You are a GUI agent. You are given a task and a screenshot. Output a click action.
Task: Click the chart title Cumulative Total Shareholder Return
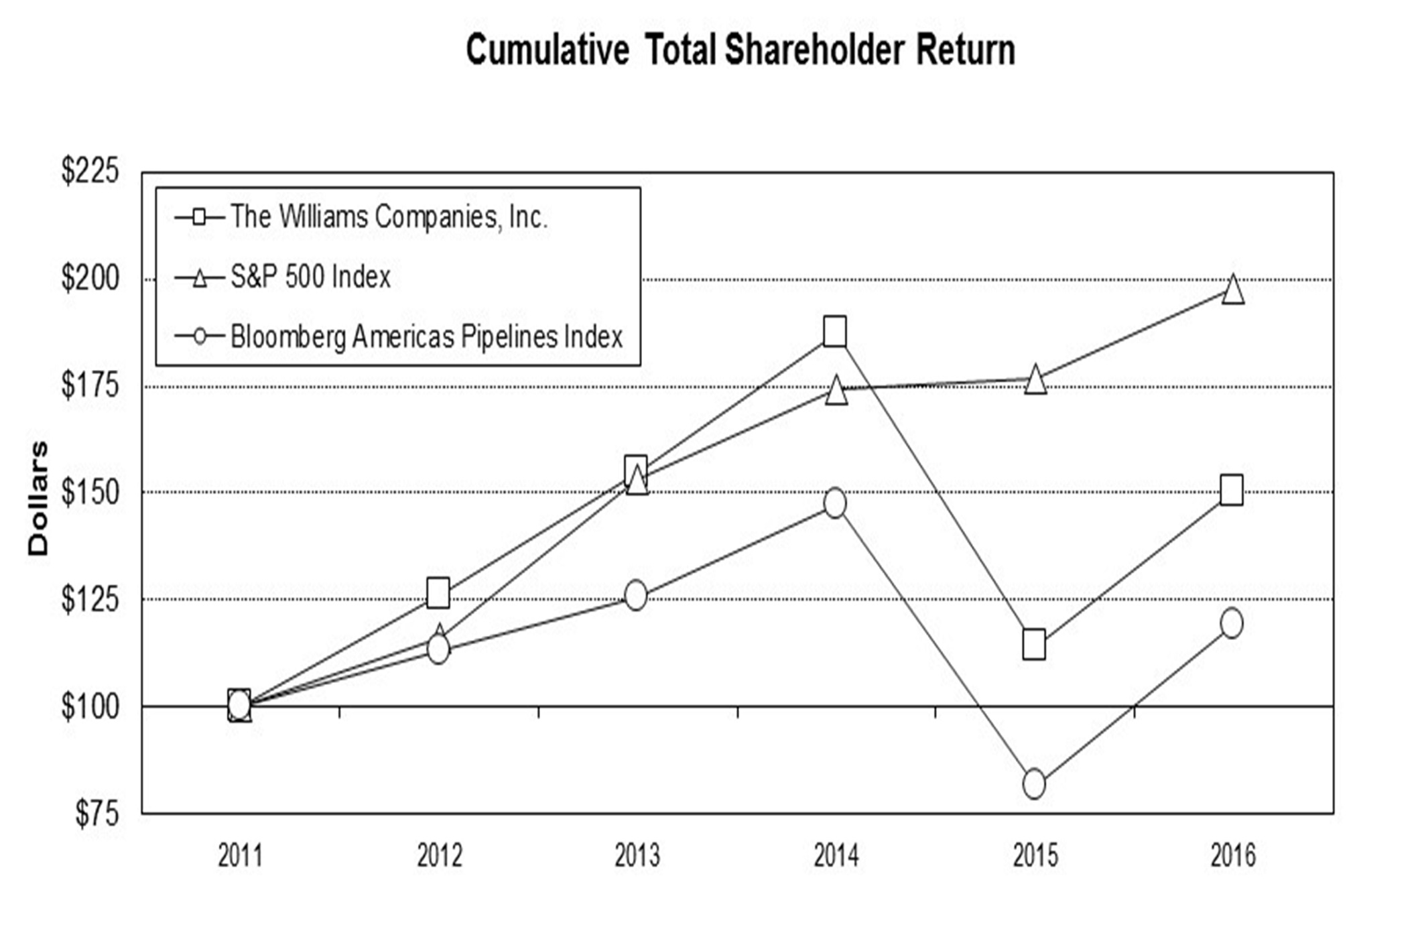coord(740,50)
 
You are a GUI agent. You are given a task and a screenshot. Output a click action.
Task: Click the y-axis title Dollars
coord(38,498)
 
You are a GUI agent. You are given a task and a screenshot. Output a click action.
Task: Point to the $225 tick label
coord(90,171)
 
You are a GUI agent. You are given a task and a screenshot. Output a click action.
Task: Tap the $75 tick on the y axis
coord(96,814)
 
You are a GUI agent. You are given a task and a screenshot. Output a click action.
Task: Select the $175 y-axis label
coord(90,385)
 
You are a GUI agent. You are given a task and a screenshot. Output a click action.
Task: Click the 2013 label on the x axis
coord(637,856)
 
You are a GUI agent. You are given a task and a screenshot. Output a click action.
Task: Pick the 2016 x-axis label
coord(1233,856)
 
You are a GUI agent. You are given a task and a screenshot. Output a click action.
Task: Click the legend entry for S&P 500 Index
coord(310,277)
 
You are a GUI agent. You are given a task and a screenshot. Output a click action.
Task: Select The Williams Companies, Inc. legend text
coord(389,216)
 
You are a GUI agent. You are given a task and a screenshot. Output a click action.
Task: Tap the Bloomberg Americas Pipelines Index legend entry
coord(426,336)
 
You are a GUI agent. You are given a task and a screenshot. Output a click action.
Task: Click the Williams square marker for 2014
coord(834,331)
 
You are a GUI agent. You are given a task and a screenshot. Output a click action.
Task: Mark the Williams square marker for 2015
coord(1034,645)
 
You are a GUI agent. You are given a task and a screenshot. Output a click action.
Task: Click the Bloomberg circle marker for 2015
coord(1034,784)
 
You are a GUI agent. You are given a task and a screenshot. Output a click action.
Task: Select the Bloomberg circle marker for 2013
coord(636,595)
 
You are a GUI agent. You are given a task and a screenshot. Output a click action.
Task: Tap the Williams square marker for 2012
coord(438,593)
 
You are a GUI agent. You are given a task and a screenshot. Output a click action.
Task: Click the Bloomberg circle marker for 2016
coord(1232,623)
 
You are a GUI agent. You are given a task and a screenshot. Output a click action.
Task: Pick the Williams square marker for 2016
coord(1232,490)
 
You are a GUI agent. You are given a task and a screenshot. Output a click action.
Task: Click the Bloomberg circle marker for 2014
coord(835,503)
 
